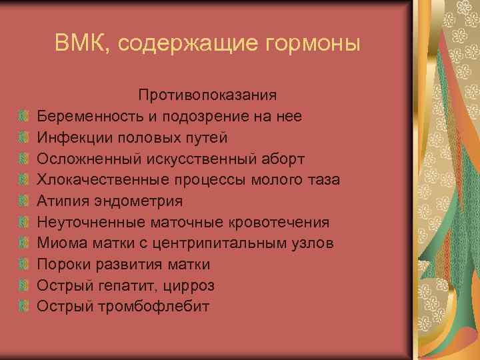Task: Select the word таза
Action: click(324, 180)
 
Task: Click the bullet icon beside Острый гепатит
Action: click(24, 286)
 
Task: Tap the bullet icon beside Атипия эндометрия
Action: click(24, 201)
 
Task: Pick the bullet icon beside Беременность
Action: click(24, 117)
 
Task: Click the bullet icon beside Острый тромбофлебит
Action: click(24, 307)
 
